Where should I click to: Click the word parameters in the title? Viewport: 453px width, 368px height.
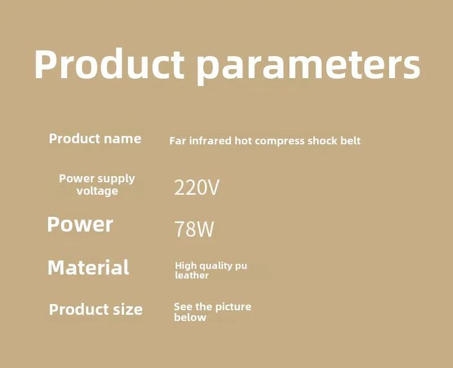[309, 66]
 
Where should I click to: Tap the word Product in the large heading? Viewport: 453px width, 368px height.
[109, 64]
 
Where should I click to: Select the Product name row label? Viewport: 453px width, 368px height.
[95, 139]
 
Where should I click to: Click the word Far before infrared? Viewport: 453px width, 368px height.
[178, 141]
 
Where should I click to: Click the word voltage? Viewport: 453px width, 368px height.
[97, 191]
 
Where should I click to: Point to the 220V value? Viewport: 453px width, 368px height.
[196, 187]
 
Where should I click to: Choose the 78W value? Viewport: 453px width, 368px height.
[194, 229]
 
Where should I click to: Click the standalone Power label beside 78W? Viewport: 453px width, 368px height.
[80, 224]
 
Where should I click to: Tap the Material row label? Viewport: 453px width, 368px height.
[88, 267]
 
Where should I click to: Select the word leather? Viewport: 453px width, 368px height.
[191, 275]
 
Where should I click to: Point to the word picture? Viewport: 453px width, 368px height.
[233, 307]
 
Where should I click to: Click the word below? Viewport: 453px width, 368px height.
[190, 318]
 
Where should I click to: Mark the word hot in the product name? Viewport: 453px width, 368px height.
[243, 140]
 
